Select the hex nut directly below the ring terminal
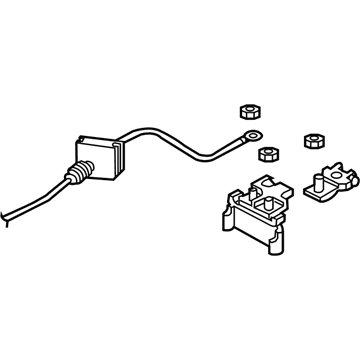[x=266, y=152]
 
